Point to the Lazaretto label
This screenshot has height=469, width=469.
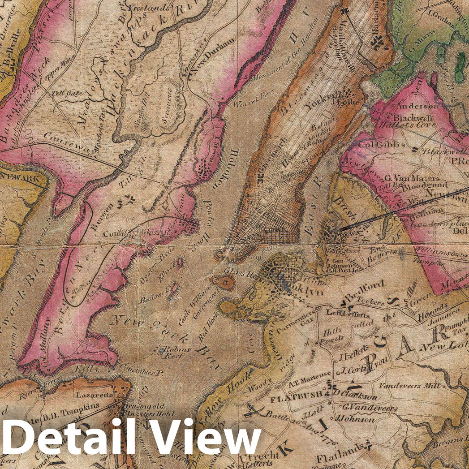click(x=93, y=396)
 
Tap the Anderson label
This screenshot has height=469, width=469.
click(x=416, y=107)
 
